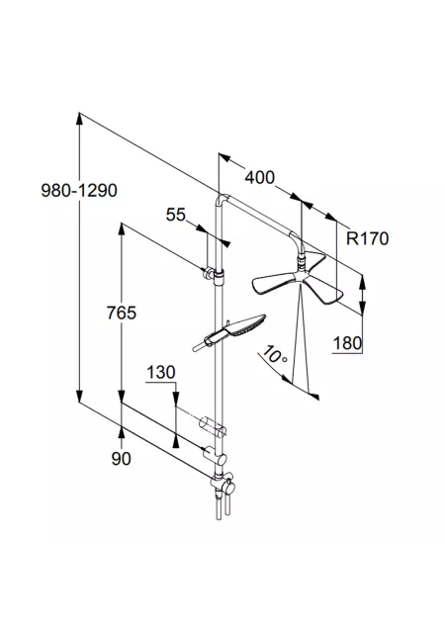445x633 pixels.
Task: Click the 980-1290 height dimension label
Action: (x=79, y=190)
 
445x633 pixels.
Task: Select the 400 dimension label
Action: (x=260, y=177)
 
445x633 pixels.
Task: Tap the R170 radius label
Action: (x=368, y=238)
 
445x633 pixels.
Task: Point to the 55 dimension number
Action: (x=176, y=215)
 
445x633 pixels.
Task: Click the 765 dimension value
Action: (x=122, y=313)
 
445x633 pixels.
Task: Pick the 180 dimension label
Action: (x=347, y=343)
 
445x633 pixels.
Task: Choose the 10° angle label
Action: (x=275, y=355)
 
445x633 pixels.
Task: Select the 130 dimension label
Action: (x=161, y=372)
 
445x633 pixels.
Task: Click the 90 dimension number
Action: (x=122, y=459)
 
